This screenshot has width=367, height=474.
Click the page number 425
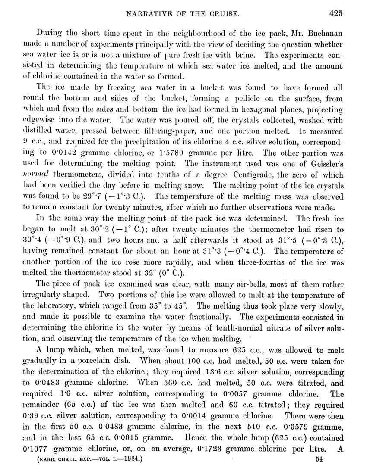[335, 13]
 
